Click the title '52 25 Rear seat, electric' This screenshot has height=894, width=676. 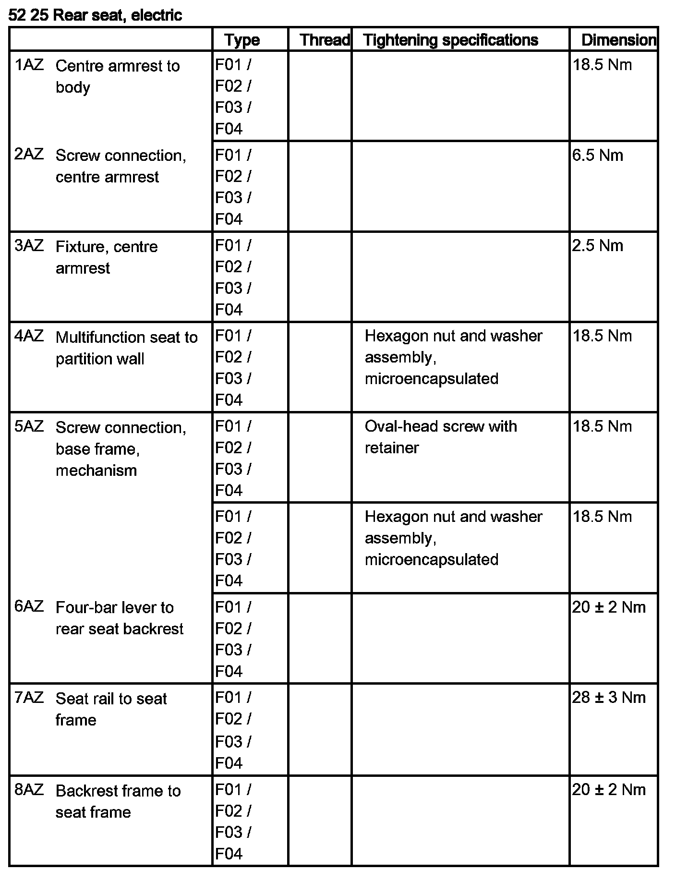[x=95, y=15]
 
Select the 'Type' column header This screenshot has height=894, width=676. [x=242, y=40]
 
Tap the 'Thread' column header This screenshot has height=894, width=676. [x=325, y=40]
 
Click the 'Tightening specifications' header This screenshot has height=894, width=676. [x=450, y=40]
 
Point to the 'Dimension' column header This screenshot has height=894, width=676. [x=618, y=40]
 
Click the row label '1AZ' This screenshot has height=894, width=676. [x=29, y=65]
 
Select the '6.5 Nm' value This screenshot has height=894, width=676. [x=597, y=155]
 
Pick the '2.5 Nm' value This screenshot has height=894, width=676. [x=597, y=245]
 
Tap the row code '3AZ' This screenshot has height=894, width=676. [x=29, y=245]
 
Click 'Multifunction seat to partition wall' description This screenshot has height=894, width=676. [x=126, y=348]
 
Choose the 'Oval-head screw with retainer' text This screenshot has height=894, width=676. [x=440, y=436]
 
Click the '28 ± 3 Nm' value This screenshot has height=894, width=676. [x=608, y=697]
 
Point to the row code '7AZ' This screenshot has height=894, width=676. [x=29, y=697]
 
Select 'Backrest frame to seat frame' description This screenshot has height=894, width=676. [x=118, y=801]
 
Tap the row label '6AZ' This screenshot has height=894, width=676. [x=29, y=606]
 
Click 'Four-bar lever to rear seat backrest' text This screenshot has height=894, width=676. [x=119, y=618]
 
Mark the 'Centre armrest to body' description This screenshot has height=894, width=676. [x=117, y=76]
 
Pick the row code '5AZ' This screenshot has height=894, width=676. [x=29, y=426]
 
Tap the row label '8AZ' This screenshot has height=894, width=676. [x=29, y=789]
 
